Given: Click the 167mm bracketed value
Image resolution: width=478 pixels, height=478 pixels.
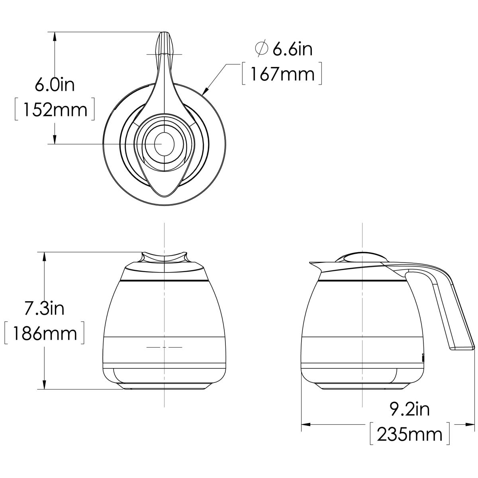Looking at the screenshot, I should click(281, 74).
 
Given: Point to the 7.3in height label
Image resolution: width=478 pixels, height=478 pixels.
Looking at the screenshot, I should click(44, 308).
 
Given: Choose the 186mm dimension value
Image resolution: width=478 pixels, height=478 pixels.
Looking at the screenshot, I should click(44, 333).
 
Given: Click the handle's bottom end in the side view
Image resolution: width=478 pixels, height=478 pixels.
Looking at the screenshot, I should click(462, 348).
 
